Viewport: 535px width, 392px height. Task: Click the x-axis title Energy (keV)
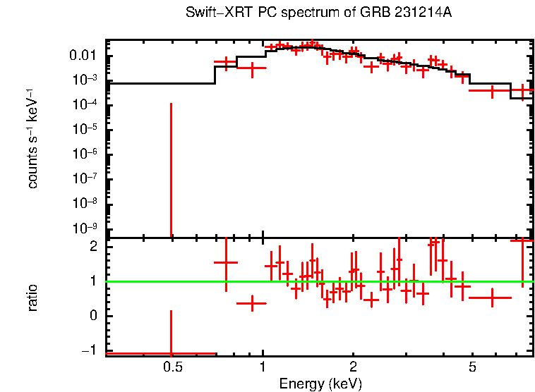pyautogui.click(x=320, y=384)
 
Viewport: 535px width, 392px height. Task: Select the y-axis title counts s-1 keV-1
pyautogui.click(x=33, y=138)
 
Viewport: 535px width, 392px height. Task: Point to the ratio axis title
pyautogui.click(x=33, y=298)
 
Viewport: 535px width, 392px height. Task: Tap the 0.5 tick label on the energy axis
pyautogui.click(x=172, y=367)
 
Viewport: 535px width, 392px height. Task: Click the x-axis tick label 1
pyautogui.click(x=263, y=367)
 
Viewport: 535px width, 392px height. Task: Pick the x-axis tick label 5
pyautogui.click(x=473, y=367)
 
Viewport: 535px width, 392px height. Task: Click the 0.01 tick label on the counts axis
pyautogui.click(x=83, y=56)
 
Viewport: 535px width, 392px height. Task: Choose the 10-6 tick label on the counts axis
pyautogui.click(x=84, y=154)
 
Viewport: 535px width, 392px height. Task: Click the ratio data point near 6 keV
pyautogui.click(x=492, y=298)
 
